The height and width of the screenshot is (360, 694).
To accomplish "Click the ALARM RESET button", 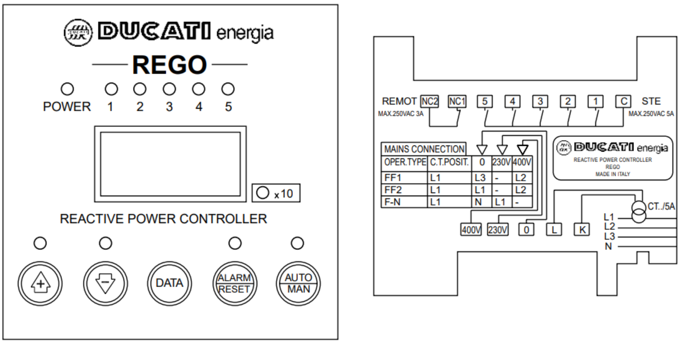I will pyautogui.click(x=235, y=283).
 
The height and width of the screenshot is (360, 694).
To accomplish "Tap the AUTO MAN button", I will pyautogui.click(x=298, y=283).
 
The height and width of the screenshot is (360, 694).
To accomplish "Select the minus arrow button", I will pyautogui.click(x=106, y=283).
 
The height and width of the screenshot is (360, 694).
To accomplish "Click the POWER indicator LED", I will pyautogui.click(x=67, y=89).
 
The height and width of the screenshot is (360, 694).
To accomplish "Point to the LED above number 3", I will pyautogui.click(x=169, y=89).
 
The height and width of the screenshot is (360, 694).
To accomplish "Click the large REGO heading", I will pyautogui.click(x=169, y=64).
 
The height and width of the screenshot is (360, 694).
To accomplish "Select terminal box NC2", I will pyautogui.click(x=429, y=101).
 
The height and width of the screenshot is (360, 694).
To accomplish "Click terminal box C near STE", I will pyautogui.click(x=623, y=101).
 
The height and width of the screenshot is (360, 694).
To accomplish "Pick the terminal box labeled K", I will pyautogui.click(x=582, y=229).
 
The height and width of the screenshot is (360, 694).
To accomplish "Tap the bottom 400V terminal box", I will pyautogui.click(x=471, y=229).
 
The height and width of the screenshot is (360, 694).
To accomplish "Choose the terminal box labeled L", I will pyautogui.click(x=554, y=229).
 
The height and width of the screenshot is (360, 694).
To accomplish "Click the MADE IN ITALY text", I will pyautogui.click(x=612, y=175).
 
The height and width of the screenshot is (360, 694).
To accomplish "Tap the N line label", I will pyautogui.click(x=608, y=247).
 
